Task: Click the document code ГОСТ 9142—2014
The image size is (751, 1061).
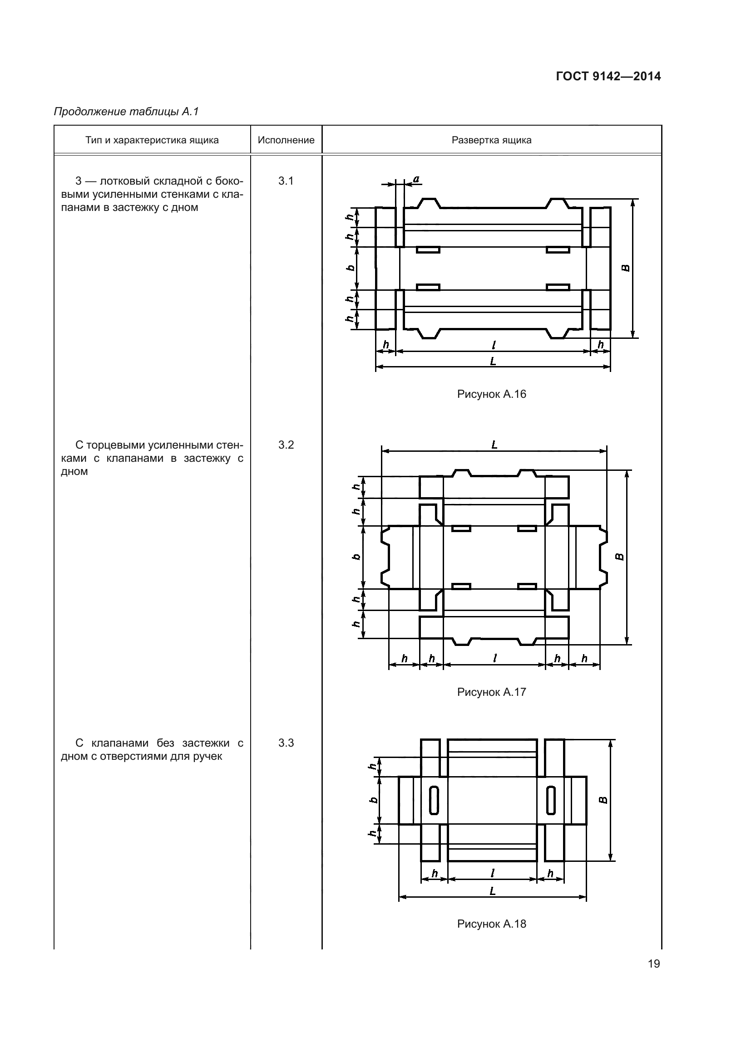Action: [x=608, y=76]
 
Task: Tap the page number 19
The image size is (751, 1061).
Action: [x=654, y=963]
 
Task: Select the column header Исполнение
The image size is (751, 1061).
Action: [x=286, y=140]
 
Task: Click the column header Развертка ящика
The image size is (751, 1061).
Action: [x=492, y=140]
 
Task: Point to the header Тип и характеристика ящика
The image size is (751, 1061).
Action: [x=152, y=140]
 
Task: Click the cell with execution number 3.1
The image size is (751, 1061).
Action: [x=286, y=181]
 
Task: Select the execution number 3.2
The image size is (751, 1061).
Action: [x=286, y=445]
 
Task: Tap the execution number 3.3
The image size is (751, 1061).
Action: [x=286, y=743]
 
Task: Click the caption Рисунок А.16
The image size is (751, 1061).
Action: [x=492, y=394]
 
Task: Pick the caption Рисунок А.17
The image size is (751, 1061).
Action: [x=492, y=692]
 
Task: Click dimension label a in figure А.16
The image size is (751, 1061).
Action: [x=416, y=179]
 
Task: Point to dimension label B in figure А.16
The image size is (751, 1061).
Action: [x=626, y=268]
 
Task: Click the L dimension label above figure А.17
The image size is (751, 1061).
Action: [x=494, y=445]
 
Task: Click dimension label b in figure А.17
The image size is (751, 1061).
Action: [x=356, y=557]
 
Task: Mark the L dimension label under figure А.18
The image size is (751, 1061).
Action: [x=493, y=891]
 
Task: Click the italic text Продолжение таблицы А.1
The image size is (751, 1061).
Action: [x=126, y=112]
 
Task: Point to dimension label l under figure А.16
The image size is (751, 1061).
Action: [x=494, y=345]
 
